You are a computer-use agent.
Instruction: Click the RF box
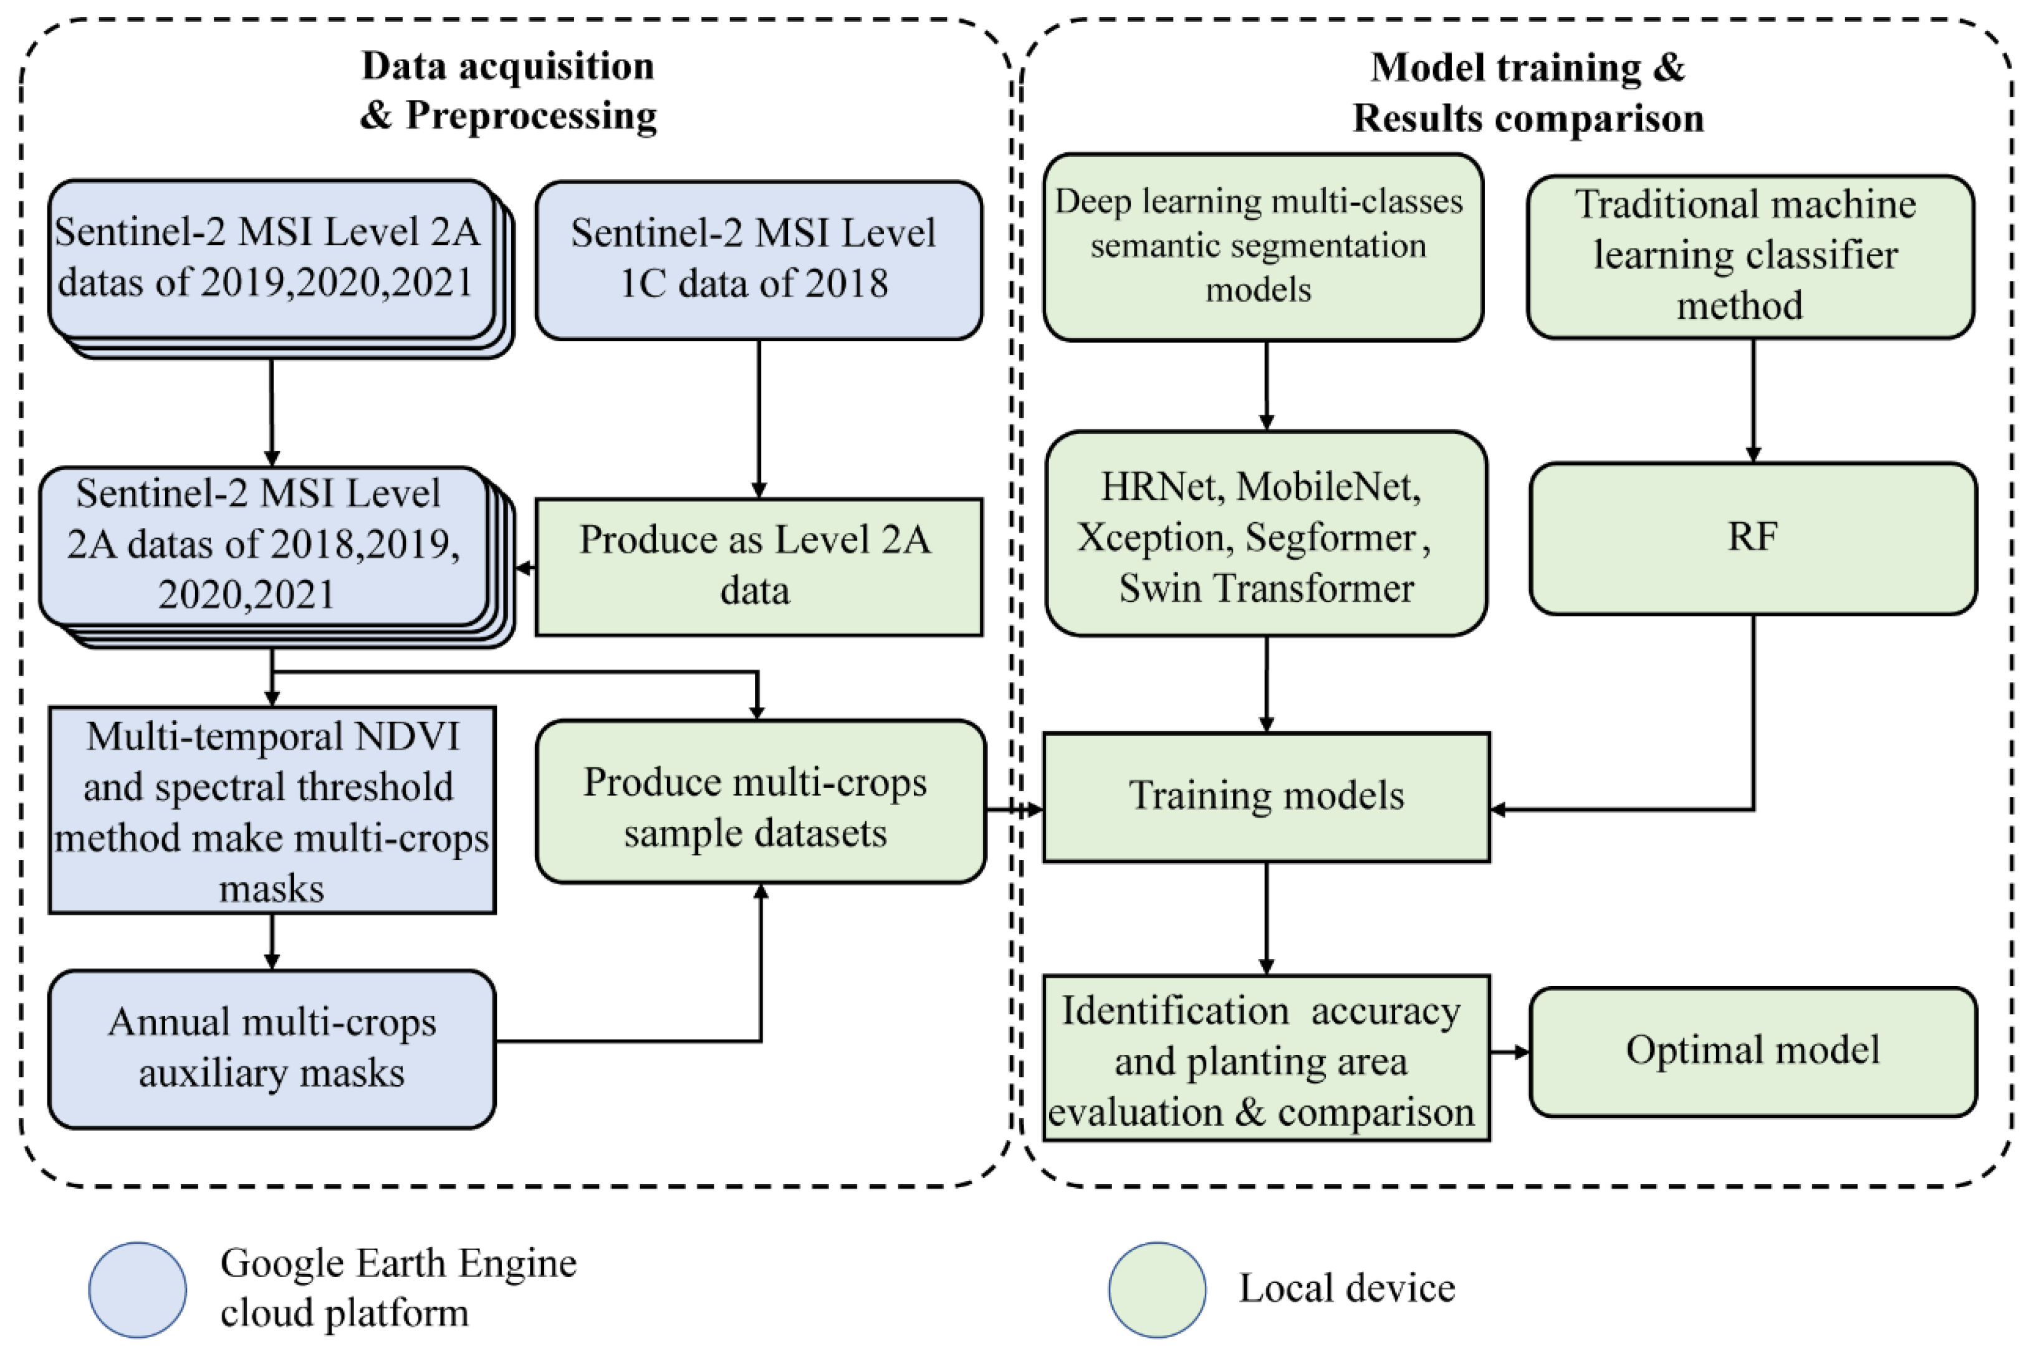1752,538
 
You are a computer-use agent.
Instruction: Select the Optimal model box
1752,1051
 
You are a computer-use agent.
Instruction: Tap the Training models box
1265,796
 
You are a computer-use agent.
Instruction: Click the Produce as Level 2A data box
758,566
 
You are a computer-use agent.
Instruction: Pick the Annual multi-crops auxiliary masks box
271,1048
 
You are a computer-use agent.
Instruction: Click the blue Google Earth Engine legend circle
137,1289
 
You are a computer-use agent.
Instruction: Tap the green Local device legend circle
1156,1289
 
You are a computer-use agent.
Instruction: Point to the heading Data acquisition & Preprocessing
507,90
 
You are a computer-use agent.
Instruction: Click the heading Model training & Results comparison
1527,92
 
